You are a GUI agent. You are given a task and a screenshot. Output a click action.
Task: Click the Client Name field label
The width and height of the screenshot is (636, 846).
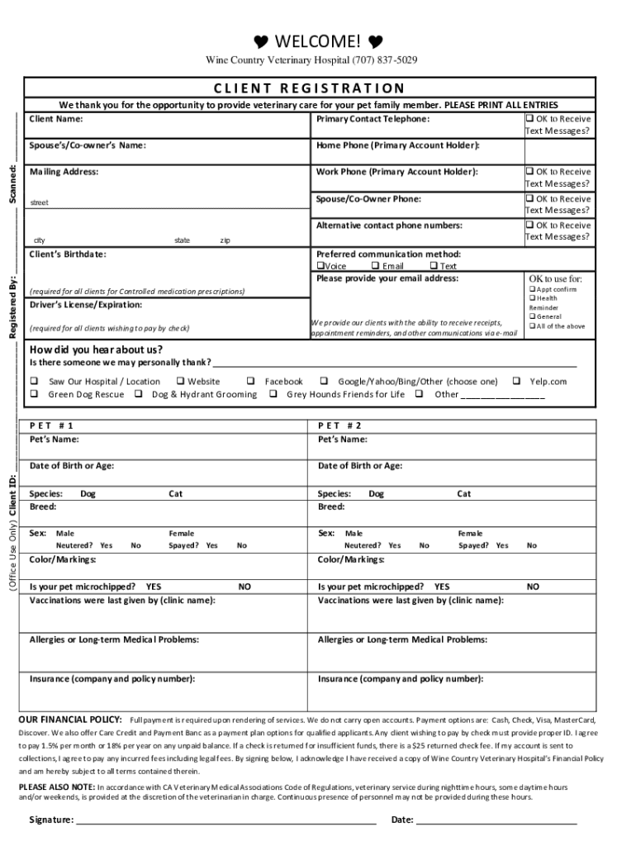[x=57, y=119]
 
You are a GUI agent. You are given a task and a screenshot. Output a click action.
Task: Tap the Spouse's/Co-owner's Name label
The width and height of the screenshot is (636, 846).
[x=88, y=145]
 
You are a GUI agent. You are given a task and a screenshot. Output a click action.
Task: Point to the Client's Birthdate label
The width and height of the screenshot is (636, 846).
[x=68, y=254]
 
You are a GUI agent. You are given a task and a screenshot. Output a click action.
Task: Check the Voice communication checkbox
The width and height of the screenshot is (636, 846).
[x=320, y=267]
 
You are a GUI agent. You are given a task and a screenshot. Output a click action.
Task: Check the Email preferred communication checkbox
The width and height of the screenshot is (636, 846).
[x=375, y=267]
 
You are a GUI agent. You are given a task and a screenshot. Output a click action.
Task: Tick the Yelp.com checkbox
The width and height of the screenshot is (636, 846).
[x=516, y=382]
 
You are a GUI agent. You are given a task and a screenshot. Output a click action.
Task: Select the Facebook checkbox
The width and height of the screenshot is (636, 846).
[x=250, y=382]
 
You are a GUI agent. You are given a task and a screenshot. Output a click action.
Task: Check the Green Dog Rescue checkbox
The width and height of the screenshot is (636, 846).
[x=35, y=395]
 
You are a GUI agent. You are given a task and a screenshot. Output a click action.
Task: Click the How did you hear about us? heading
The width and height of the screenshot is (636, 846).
[x=96, y=349]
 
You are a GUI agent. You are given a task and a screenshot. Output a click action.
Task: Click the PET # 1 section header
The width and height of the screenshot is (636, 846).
[x=57, y=425]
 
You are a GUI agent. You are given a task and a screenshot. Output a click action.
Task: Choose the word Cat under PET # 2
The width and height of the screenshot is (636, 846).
[x=464, y=494]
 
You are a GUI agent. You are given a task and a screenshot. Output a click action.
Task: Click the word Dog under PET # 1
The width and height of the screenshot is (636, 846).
[x=88, y=494]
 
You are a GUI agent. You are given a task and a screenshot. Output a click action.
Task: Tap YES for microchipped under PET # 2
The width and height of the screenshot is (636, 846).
[x=442, y=587]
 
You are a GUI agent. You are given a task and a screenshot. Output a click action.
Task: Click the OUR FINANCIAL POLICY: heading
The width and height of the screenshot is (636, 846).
[x=70, y=720]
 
